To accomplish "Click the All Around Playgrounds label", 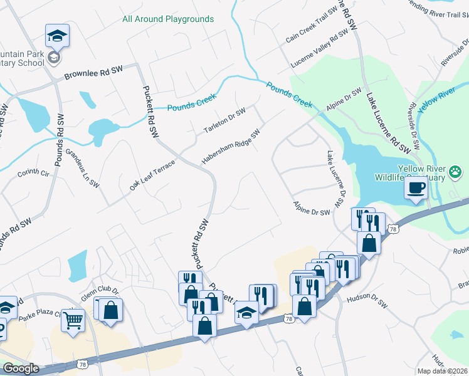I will click(168, 19).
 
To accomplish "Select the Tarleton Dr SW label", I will click(224, 121).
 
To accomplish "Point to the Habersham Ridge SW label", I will click(230, 148).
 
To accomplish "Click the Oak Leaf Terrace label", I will click(152, 175).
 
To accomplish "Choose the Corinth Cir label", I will click(33, 173).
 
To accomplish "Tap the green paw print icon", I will click(455, 171).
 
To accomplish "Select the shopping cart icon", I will click(73, 320).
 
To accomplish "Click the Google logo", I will click(21, 368).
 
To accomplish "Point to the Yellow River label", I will click(436, 101).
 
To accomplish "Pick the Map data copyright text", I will click(442, 371).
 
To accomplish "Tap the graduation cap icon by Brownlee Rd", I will click(57, 36).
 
